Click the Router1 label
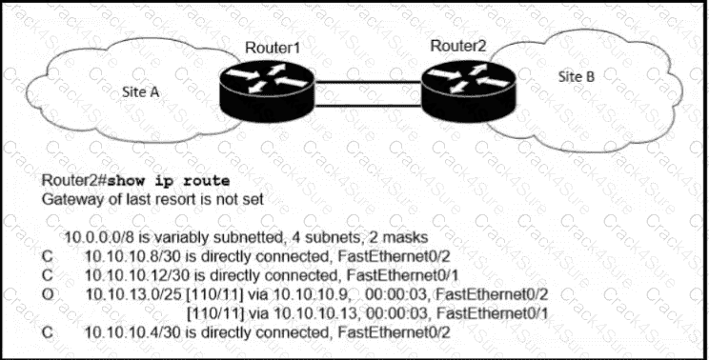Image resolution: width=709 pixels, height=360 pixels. click(x=272, y=49)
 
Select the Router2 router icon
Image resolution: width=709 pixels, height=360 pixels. click(x=463, y=88)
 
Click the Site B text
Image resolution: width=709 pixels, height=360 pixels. click(x=577, y=76)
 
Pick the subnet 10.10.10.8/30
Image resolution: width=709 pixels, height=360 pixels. click(x=130, y=253)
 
